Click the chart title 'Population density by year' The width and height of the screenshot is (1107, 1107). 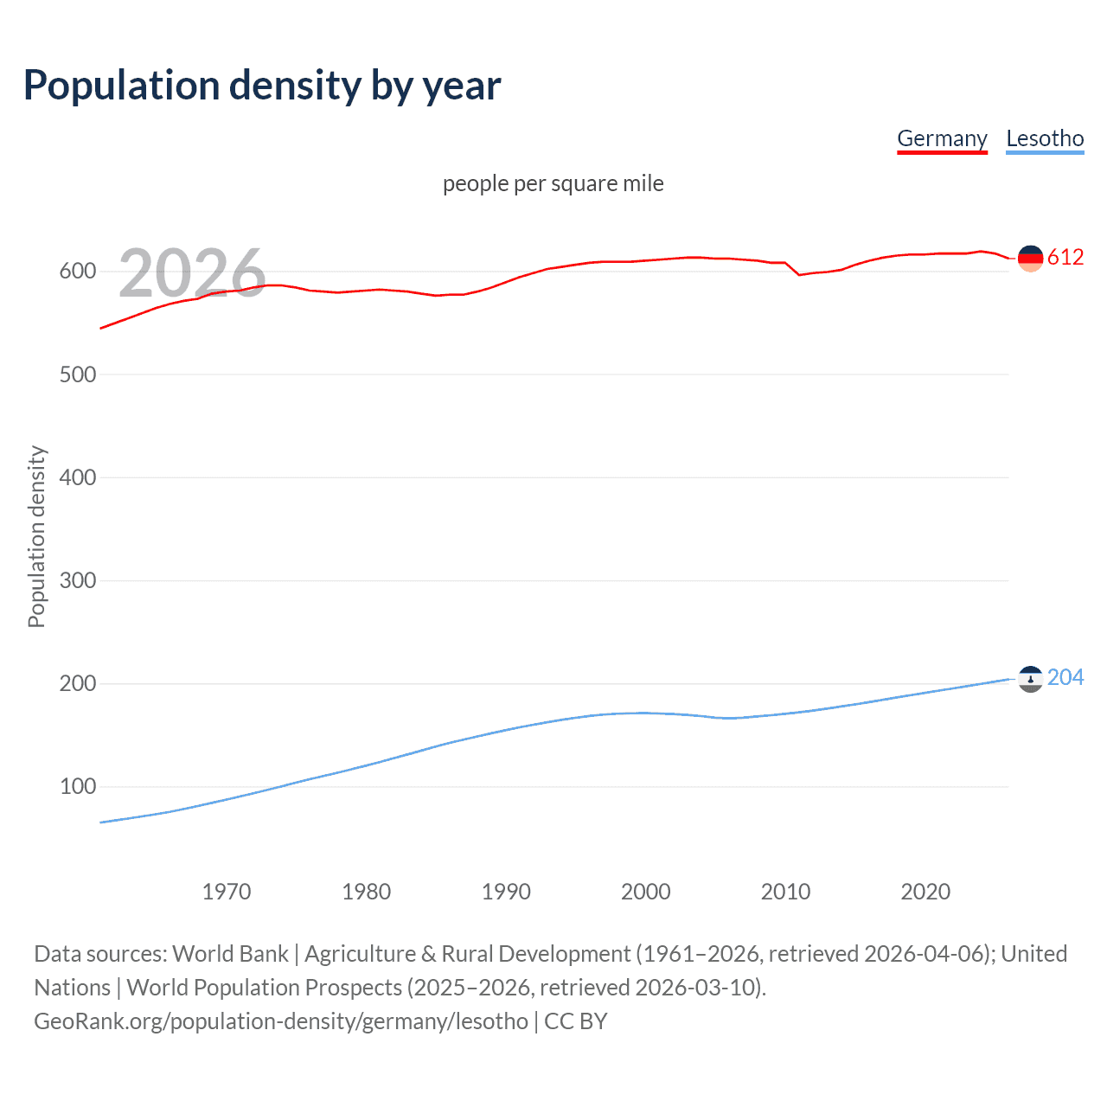262,86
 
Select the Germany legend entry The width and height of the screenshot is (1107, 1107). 942,138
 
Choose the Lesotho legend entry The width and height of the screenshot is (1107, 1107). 1045,138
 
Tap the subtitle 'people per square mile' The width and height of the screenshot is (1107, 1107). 553,184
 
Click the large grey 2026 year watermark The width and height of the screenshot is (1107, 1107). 192,273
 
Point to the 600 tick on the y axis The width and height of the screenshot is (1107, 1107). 77,272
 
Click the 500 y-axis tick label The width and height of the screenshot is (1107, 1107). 77,374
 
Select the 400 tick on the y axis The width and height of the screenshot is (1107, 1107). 77,477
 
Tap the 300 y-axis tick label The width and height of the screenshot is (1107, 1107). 77,580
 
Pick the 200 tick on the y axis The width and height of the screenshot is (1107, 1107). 77,683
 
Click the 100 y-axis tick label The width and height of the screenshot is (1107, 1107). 77,786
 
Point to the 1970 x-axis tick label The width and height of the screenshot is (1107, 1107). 227,892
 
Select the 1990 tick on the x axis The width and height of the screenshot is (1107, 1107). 506,892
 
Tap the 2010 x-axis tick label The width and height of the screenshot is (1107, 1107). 785,892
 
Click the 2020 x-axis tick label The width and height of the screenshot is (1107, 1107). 925,892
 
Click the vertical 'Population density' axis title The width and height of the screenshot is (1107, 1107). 36,536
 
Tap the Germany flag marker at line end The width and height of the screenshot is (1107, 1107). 1030,258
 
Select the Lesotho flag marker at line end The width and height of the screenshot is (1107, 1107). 1030,679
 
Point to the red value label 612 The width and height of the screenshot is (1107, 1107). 1065,258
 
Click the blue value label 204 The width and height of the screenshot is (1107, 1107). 1065,678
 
